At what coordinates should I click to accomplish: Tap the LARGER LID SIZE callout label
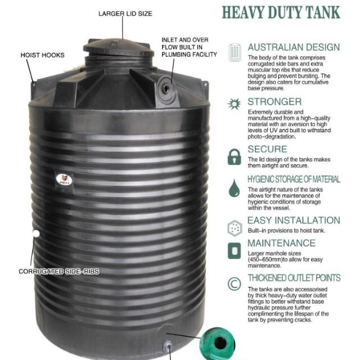coord(125,13)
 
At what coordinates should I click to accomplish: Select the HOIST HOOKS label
coord(42,55)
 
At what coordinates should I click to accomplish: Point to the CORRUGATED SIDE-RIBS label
coord(59,271)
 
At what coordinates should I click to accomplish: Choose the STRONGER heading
coord(274,102)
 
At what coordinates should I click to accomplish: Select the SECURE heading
coord(267,149)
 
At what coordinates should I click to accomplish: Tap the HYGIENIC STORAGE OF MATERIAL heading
coord(294,179)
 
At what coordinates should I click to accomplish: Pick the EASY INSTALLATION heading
coord(294,220)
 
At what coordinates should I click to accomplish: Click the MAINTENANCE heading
coord(281,243)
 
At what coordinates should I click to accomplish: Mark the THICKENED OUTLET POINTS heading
coord(294,278)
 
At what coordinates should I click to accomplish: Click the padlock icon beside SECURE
coord(234,157)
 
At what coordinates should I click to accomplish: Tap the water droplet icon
coord(234,188)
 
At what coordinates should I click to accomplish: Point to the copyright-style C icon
coord(234,283)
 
